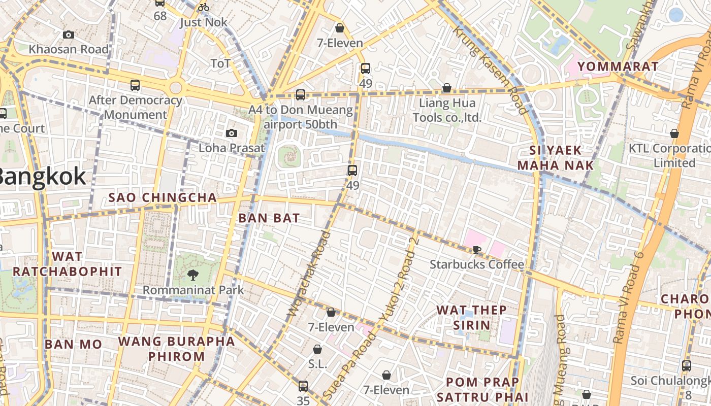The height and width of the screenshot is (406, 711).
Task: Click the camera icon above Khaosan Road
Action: click(x=69, y=35)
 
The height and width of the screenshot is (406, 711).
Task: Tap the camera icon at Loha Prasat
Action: click(x=232, y=133)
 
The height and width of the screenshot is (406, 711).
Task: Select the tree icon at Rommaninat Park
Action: click(x=192, y=275)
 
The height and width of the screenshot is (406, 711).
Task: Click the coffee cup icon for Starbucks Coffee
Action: click(x=476, y=249)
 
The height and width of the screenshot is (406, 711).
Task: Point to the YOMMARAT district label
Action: click(x=618, y=66)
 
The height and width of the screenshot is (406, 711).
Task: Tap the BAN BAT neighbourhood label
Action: click(x=269, y=218)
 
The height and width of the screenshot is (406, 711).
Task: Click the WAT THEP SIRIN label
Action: click(x=471, y=317)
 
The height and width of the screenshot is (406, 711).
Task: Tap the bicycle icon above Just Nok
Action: click(x=203, y=7)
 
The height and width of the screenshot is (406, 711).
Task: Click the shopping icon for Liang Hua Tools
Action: click(x=446, y=88)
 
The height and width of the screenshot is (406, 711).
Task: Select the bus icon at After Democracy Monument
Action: click(x=135, y=85)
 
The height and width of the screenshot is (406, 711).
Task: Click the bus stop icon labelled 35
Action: click(x=303, y=386)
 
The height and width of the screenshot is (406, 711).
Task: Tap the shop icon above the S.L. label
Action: click(x=317, y=349)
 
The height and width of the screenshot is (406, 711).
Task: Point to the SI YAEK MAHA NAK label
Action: click(x=555, y=158)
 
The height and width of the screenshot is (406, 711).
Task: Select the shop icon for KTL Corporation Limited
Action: click(x=674, y=133)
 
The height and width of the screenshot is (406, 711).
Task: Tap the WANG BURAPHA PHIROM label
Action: click(x=177, y=348)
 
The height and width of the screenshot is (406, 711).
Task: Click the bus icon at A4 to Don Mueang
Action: click(x=300, y=94)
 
